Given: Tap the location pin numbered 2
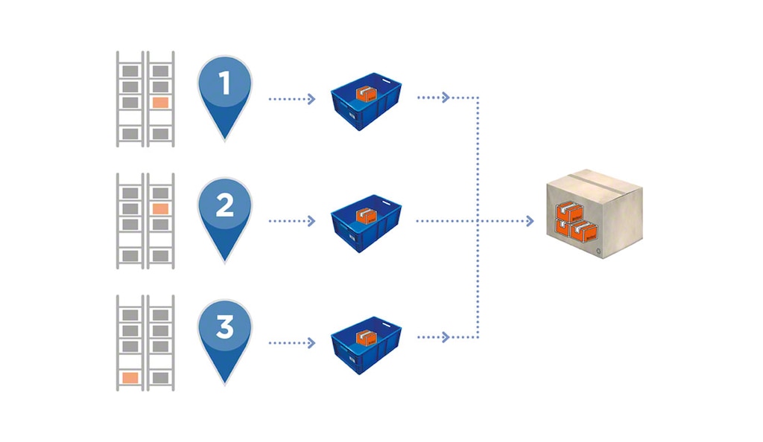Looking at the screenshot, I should tap(225, 212).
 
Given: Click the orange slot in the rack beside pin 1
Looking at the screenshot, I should tap(159, 103).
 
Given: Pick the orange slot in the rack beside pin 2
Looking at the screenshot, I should tap(159, 209).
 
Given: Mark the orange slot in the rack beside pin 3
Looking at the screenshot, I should tap(130, 378).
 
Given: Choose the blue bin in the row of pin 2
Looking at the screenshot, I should tap(365, 223).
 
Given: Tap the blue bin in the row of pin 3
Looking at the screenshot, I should tap(365, 344).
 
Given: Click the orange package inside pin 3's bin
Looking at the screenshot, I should tap(365, 336).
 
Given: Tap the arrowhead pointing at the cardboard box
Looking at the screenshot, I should tap(530, 221).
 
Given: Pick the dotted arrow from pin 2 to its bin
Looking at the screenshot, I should tap(291, 221).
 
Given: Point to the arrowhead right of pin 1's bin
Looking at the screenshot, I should tap(446, 97).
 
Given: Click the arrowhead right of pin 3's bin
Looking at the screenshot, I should tap(446, 337).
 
